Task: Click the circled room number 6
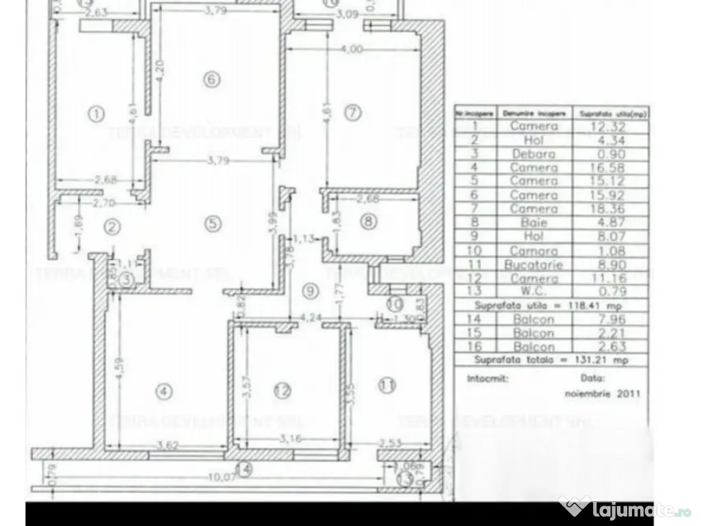coord(212,79)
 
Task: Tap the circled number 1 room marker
coord(97,114)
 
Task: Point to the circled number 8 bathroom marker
coord(369,221)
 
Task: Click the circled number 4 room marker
coord(162,392)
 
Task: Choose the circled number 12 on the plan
coord(282,391)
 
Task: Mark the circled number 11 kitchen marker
coord(388,386)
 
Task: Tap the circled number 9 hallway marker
coord(311,291)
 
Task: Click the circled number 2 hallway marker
coord(112,227)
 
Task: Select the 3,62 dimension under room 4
coord(167,446)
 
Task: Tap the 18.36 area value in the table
coord(612,208)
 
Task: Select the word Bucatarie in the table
coord(533,264)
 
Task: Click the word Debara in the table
coord(533,153)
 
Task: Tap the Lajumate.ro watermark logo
coord(627,510)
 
